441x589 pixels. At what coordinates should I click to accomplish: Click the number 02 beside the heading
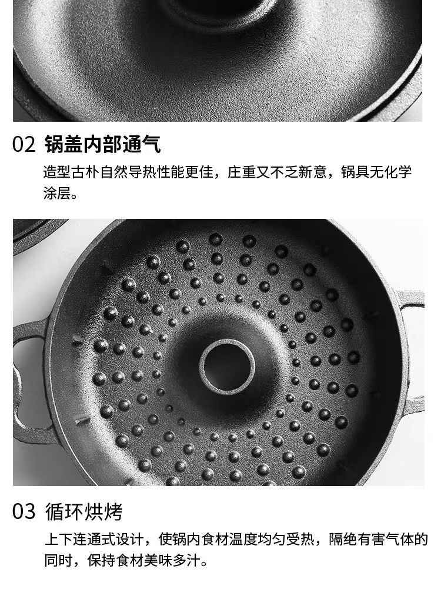coord(24,144)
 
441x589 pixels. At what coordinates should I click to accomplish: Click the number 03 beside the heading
coord(24,511)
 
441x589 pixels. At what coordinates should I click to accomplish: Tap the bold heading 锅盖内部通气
coord(103,144)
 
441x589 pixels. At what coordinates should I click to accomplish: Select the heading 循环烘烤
coord(84,511)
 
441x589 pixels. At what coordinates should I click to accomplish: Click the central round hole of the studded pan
coord(227,367)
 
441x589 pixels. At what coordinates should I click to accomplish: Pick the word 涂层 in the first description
coord(57,194)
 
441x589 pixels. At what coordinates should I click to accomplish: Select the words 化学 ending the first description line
coord(398,172)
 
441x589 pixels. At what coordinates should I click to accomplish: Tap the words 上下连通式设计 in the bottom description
coord(94,540)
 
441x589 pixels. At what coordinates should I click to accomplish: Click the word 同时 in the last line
coord(59,561)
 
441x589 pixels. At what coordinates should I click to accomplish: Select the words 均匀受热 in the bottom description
coord(286,540)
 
